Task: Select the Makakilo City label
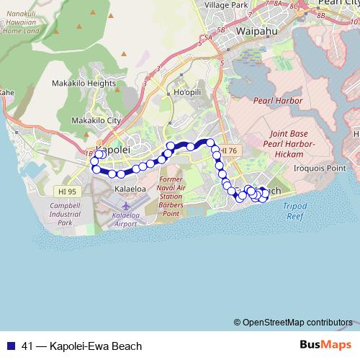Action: click(x=96, y=120)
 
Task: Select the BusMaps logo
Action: click(x=325, y=344)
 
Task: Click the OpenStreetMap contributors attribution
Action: click(x=297, y=322)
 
